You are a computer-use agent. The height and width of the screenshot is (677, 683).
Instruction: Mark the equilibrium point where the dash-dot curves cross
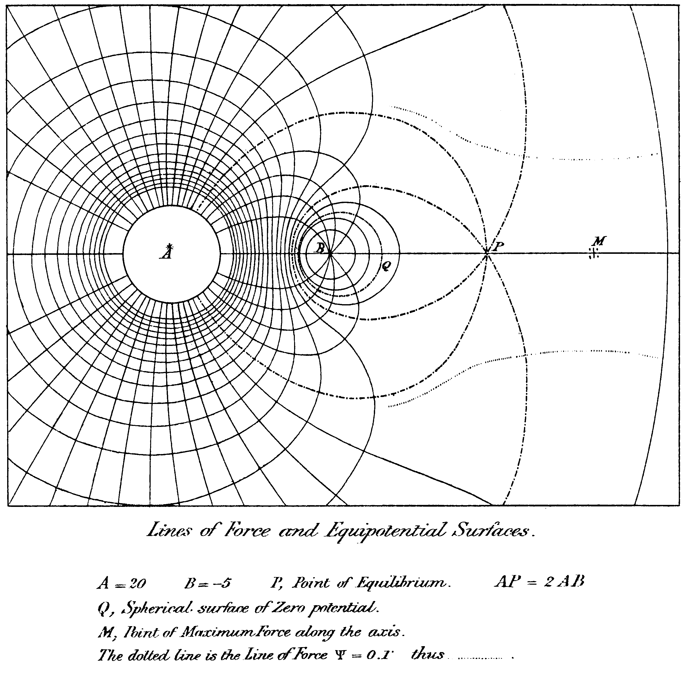coord(487,253)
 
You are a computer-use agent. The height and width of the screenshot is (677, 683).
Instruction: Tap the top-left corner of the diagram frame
coord(7,5)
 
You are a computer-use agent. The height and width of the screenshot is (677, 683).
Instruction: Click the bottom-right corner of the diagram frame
coord(679,506)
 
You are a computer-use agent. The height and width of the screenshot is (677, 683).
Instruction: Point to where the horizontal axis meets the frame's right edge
coord(679,253)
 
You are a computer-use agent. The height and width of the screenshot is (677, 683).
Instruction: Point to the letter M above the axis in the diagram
coord(600,241)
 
